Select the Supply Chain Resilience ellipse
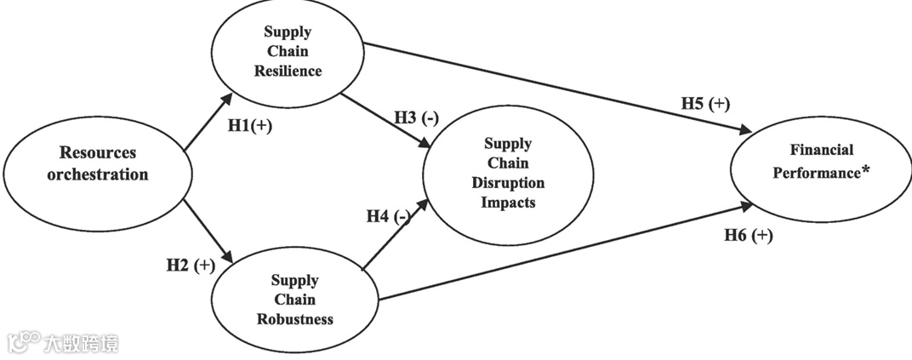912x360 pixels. (x=288, y=52)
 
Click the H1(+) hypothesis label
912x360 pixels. (x=249, y=125)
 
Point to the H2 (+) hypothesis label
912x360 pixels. (x=190, y=265)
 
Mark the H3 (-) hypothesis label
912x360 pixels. (x=416, y=117)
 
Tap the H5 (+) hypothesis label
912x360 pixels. (x=705, y=104)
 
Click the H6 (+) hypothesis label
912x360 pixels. (x=749, y=236)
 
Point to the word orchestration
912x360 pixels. (x=104, y=174)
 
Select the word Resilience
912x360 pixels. (x=288, y=71)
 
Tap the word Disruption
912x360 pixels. (x=508, y=182)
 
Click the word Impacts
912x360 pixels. (x=508, y=202)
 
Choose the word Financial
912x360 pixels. (x=822, y=151)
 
